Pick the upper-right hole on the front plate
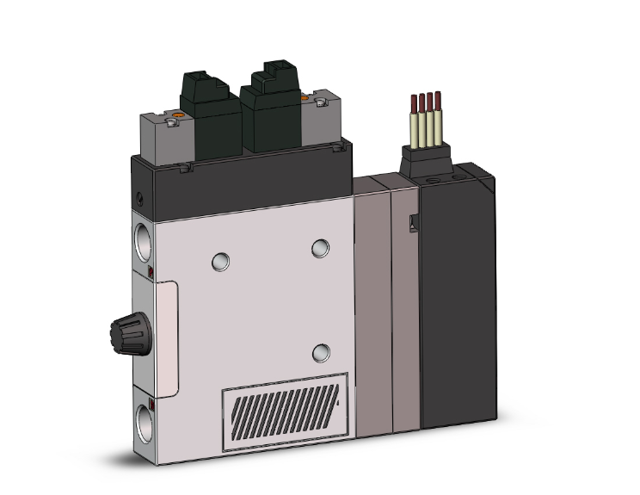(320, 247)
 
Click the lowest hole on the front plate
(321, 351)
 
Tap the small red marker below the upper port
(151, 273)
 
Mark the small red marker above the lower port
(152, 403)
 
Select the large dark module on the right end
(458, 293)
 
